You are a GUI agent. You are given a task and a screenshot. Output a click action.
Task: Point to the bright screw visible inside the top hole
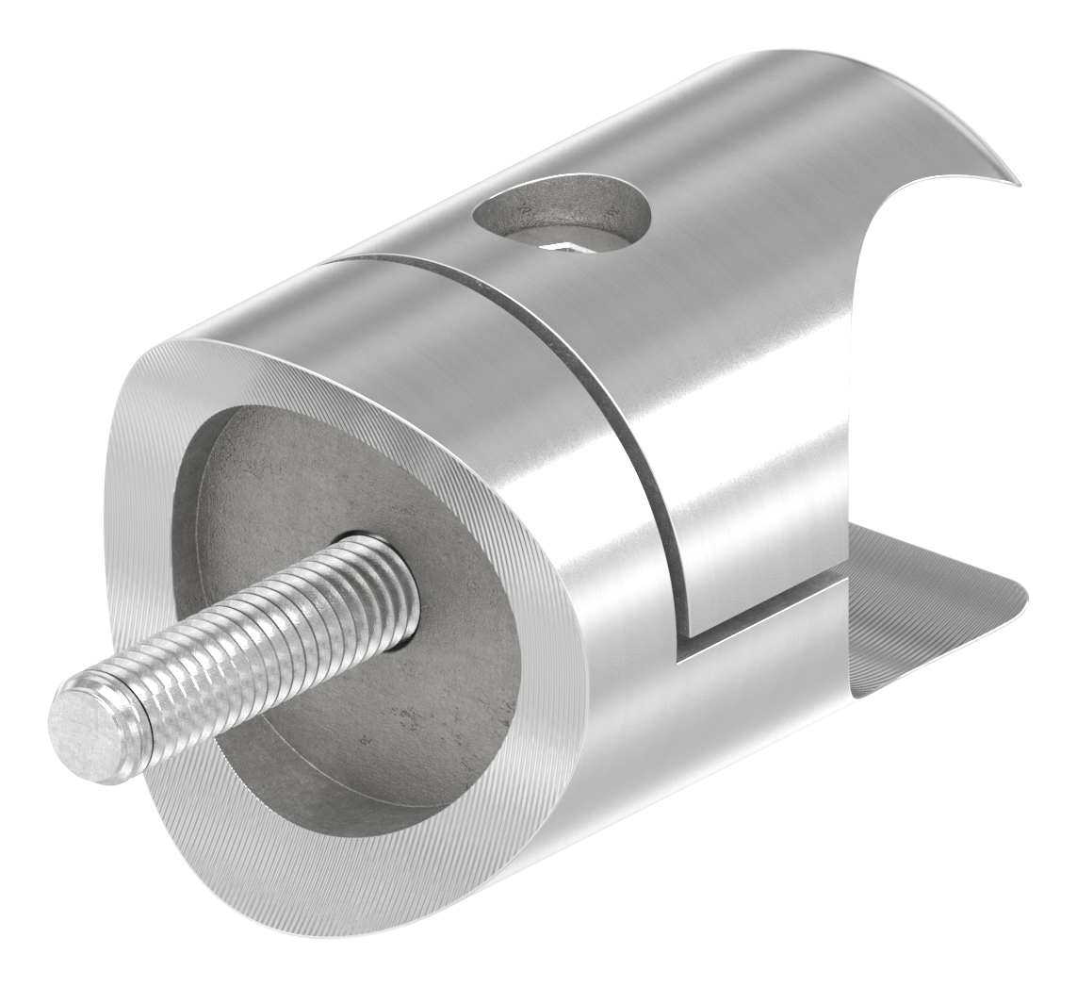565,247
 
